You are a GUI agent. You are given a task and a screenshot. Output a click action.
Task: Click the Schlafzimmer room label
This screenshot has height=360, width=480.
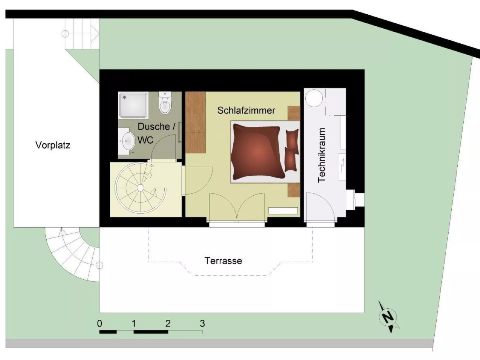point(246,110)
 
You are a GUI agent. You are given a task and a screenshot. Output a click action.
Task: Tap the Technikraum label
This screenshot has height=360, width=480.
point(322,155)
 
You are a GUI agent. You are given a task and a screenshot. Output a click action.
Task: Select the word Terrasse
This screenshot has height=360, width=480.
point(223,261)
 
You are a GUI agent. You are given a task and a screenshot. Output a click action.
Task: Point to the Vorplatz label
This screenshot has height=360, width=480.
point(53,145)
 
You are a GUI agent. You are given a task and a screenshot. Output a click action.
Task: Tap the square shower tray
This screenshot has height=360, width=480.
point(133,105)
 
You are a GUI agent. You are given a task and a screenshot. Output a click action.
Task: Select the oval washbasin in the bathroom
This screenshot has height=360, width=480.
point(128,141)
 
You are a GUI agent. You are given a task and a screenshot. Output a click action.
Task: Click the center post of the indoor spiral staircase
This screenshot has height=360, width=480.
point(140,188)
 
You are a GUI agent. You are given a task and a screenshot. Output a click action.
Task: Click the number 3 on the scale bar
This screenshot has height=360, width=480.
point(202,323)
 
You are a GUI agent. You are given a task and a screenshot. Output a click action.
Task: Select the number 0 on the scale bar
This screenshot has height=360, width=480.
point(100,323)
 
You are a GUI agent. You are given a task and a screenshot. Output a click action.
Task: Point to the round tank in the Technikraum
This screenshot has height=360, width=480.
point(314,98)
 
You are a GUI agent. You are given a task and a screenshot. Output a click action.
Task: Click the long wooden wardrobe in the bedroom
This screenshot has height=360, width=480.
point(195,122)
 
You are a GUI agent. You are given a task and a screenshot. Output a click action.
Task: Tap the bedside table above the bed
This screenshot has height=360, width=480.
point(294,113)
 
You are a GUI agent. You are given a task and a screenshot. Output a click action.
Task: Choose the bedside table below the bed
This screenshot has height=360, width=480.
point(294,190)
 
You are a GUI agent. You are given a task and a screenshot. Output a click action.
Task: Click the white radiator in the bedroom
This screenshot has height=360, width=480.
point(283,211)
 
